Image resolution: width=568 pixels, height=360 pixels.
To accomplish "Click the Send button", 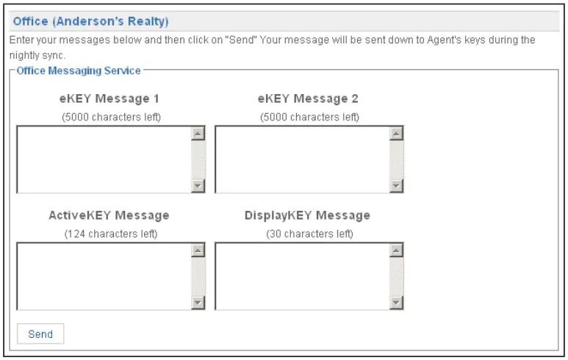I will (x=40, y=334).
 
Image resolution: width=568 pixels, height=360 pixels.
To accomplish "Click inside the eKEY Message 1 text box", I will (x=103, y=159).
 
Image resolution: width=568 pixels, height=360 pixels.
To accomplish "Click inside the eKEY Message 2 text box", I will (x=301, y=159).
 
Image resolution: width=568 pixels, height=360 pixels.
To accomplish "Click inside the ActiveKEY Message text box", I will (x=103, y=276).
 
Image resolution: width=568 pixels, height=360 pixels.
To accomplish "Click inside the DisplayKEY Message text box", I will (x=301, y=276).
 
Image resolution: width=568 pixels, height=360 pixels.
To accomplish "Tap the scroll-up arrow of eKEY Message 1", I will (x=198, y=134).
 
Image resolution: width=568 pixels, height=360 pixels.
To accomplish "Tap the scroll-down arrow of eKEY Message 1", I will (x=198, y=185).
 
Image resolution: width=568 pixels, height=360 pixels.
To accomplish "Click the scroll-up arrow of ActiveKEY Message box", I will (x=198, y=251).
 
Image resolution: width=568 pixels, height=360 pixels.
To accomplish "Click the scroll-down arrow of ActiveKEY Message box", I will (x=198, y=302).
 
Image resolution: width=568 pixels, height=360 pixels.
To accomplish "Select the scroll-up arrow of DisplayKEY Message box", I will (x=397, y=251).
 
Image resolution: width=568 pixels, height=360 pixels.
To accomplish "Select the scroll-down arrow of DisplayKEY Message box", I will (x=397, y=302).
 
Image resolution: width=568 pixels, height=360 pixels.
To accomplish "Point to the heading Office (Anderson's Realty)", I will (x=91, y=21).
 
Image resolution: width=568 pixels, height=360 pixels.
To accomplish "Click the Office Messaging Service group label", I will (x=78, y=71).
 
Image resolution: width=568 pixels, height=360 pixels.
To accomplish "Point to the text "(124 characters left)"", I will (x=110, y=234).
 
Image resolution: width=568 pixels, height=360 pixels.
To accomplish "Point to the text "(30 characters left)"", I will (x=309, y=234).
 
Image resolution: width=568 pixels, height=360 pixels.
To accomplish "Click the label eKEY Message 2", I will (x=308, y=98).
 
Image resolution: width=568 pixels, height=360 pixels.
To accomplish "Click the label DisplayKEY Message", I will (x=307, y=215).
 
